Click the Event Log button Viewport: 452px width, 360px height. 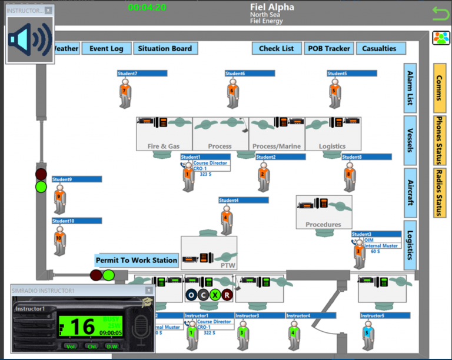(x=107, y=49)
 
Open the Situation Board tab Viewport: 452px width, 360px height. (x=165, y=49)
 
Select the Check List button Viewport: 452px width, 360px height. (x=277, y=49)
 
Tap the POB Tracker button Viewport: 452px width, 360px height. (x=329, y=49)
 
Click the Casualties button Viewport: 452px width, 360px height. (x=380, y=49)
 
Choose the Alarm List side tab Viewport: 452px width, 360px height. (x=410, y=88)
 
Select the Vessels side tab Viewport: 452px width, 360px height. (x=410, y=140)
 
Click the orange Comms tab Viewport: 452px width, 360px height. (x=440, y=88)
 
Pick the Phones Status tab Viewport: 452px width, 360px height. (x=440, y=140)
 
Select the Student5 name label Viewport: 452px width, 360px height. (x=353, y=74)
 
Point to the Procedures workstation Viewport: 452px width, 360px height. (x=323, y=212)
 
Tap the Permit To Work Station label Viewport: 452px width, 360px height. (x=137, y=260)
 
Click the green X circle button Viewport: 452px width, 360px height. (x=215, y=295)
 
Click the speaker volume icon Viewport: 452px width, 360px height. (x=30, y=39)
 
